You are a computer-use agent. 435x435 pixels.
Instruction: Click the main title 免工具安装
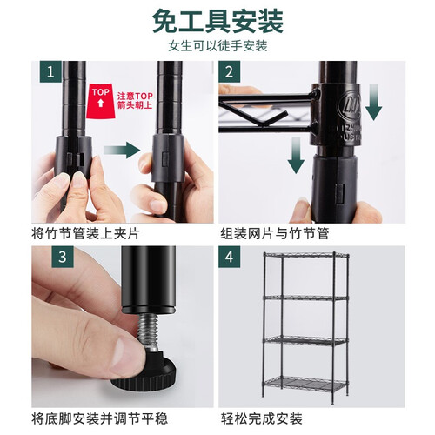pyautogui.click(x=217, y=22)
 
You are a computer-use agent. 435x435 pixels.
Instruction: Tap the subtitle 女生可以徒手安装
pyautogui.click(x=217, y=46)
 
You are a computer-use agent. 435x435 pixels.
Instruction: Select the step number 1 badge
pyautogui.click(x=50, y=71)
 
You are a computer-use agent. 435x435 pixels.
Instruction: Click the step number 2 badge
pyautogui.click(x=229, y=71)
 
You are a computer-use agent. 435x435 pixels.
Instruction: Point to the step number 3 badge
pyautogui.click(x=63, y=257)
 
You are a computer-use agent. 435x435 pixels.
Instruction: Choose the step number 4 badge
pyautogui.click(x=229, y=257)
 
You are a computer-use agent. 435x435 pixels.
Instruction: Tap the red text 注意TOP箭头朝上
pyautogui.click(x=135, y=101)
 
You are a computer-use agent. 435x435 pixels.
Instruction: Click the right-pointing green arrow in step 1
pyautogui.click(x=122, y=151)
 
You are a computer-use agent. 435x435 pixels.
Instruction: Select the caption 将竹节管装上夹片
pyautogui.click(x=85, y=234)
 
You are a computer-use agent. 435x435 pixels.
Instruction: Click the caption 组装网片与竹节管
pyautogui.click(x=275, y=234)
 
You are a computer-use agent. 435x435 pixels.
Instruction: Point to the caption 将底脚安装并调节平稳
pyautogui.click(x=99, y=418)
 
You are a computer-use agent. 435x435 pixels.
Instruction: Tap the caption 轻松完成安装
pyautogui.click(x=262, y=418)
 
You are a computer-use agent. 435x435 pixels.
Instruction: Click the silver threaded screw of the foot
pyautogui.click(x=148, y=332)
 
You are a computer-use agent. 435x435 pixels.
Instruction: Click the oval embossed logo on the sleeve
pyautogui.click(x=351, y=105)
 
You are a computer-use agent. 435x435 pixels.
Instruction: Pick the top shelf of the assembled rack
pyautogui.click(x=306, y=256)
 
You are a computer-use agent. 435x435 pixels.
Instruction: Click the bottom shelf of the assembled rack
pyautogui.click(x=306, y=385)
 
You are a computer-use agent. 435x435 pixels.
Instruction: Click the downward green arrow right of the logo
pyautogui.click(x=373, y=102)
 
